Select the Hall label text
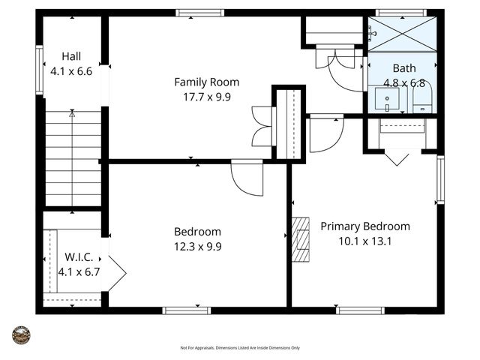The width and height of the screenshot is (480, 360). (71, 56)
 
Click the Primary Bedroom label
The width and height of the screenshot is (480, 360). (365, 226)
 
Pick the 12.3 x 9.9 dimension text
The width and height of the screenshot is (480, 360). (197, 245)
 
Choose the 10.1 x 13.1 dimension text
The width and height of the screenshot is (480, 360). (365, 241)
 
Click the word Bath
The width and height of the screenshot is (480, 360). (403, 68)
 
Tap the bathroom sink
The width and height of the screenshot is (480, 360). (388, 98)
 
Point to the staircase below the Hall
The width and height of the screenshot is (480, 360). (73, 157)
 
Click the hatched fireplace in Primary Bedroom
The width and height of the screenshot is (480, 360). (300, 238)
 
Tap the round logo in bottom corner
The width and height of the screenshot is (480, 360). (21, 335)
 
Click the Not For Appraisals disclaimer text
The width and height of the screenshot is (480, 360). (240, 348)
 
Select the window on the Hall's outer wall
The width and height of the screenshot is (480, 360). (39, 72)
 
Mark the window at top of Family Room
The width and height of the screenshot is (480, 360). (199, 13)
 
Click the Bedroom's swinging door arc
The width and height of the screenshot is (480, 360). (246, 178)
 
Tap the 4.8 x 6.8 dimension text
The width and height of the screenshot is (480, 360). (403, 82)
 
